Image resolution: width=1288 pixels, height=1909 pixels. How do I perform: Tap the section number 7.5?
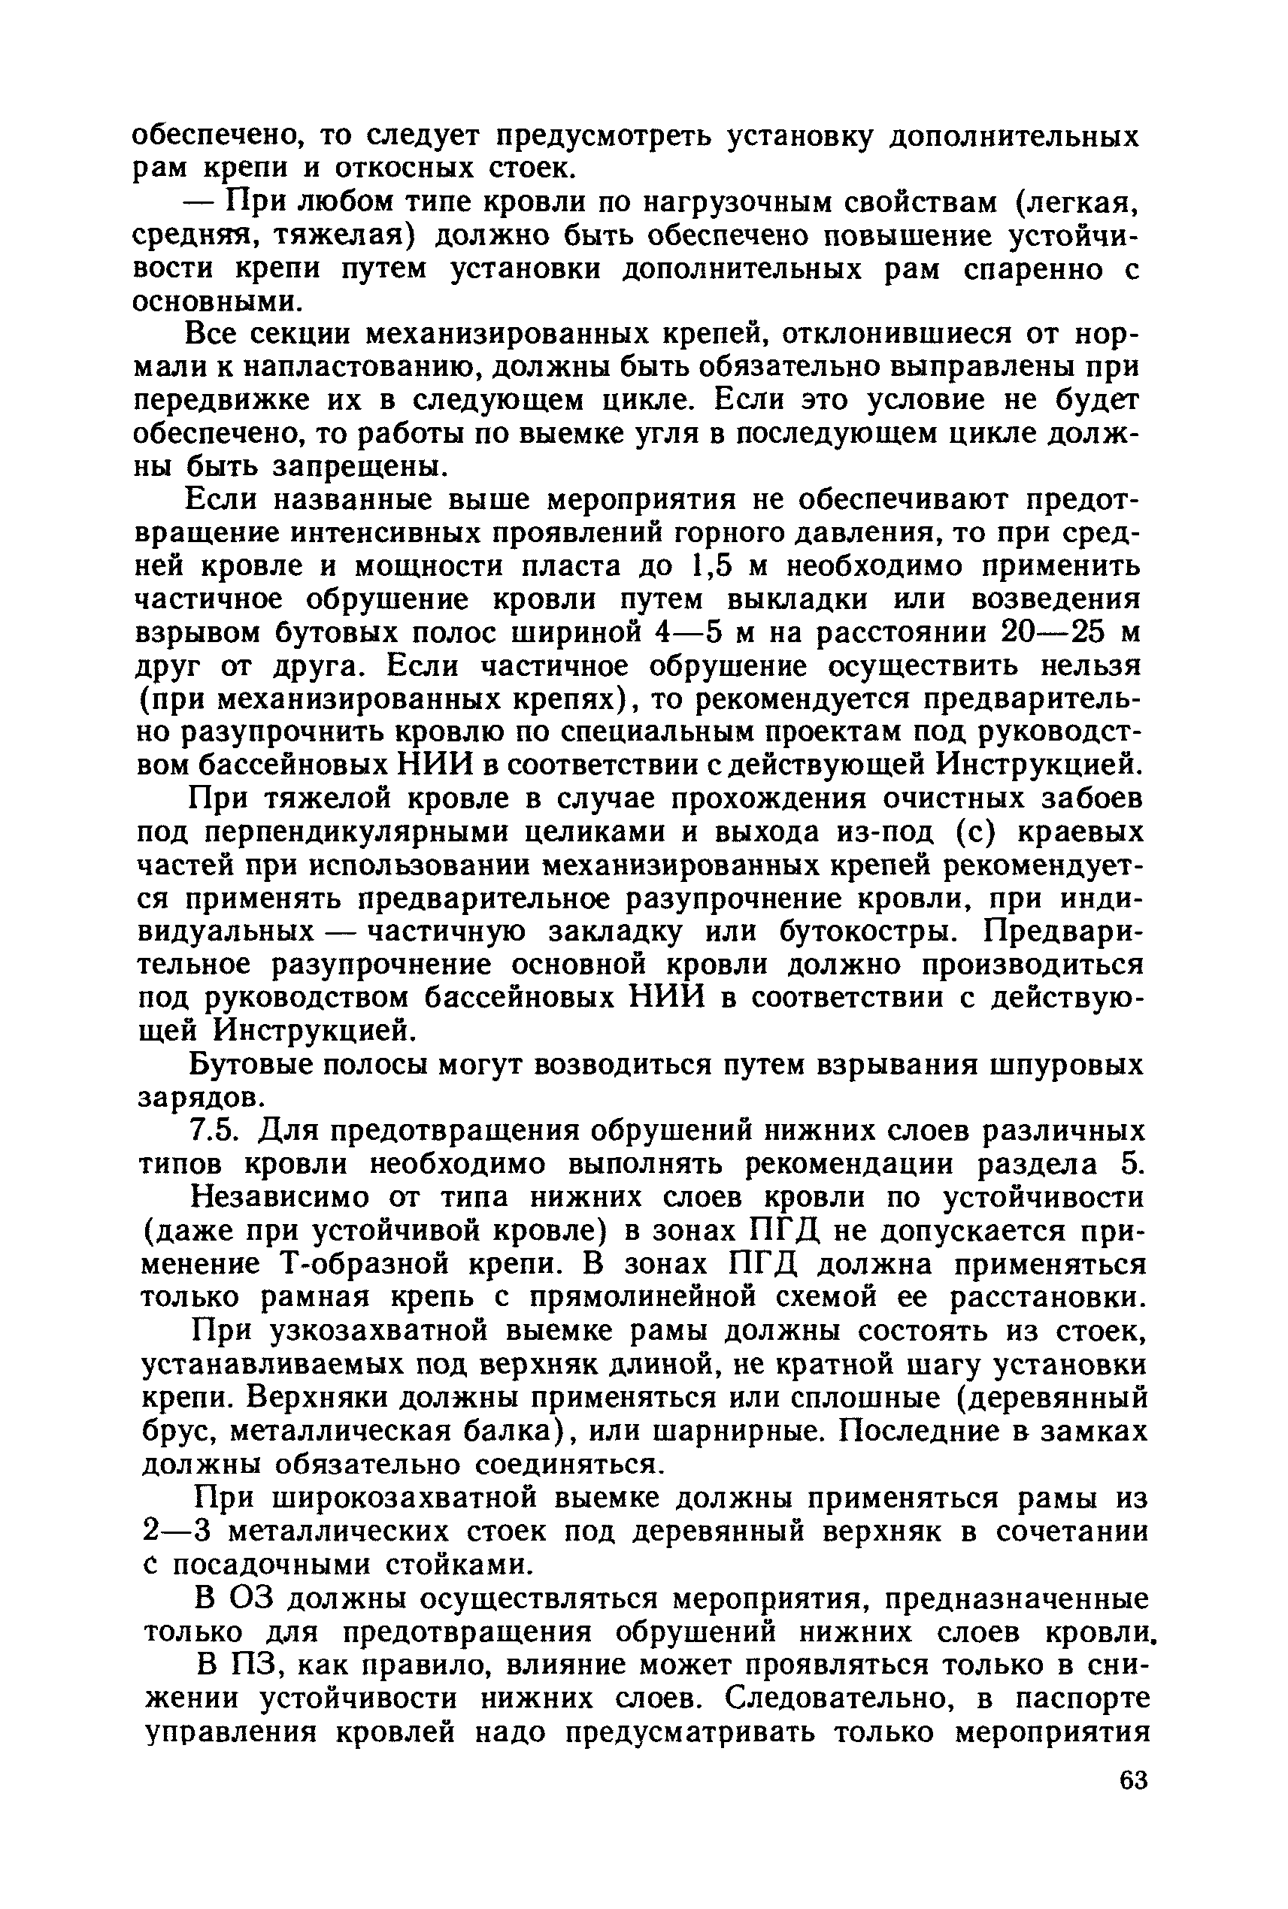click(x=214, y=1131)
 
